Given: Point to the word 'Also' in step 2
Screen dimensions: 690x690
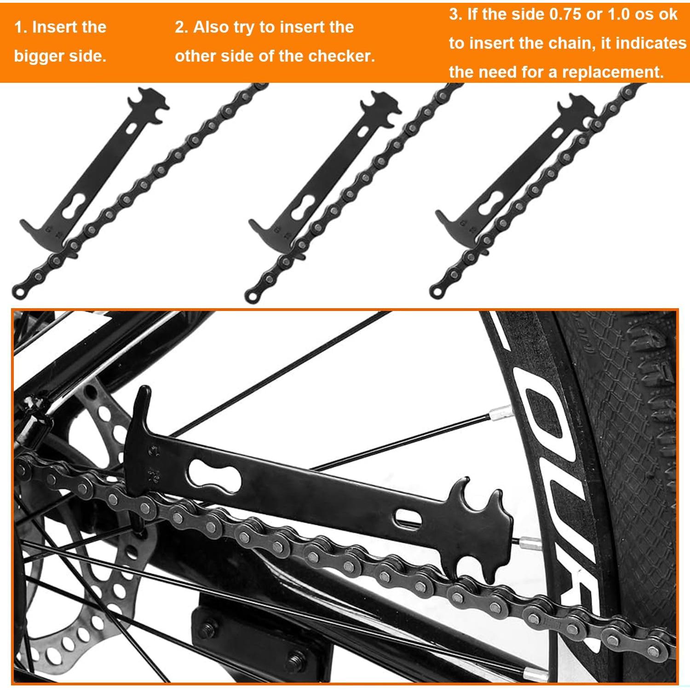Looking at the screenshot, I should (x=211, y=27).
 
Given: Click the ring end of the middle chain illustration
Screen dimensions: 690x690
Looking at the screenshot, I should (x=252, y=294).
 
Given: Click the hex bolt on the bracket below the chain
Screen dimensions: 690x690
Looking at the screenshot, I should (x=209, y=628).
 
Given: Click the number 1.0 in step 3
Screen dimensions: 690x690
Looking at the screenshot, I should (x=618, y=15).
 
